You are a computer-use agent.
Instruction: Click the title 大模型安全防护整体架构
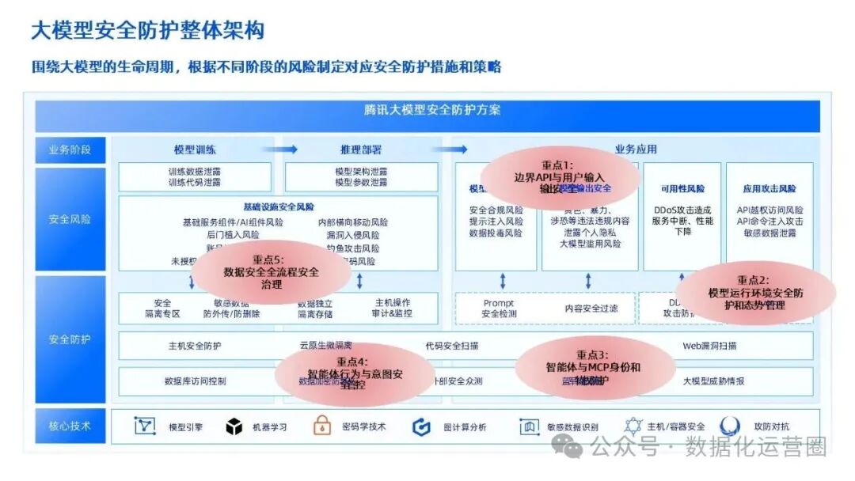147,31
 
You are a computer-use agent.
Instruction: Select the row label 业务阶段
70,150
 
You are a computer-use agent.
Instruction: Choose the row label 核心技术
70,426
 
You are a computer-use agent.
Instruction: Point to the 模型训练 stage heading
195,150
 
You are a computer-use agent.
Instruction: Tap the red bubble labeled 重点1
559,177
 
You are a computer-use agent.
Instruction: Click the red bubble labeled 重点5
271,272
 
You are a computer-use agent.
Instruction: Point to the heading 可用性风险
682,189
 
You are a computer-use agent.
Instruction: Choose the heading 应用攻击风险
769,189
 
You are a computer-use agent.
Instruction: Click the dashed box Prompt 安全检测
499,309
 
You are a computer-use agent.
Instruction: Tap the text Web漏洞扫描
709,346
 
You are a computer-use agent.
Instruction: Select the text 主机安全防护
195,346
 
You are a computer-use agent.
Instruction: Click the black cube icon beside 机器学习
234,427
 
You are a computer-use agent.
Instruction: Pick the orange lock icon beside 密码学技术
321,426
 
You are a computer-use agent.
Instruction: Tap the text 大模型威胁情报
713,381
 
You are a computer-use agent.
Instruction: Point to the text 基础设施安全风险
279,207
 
